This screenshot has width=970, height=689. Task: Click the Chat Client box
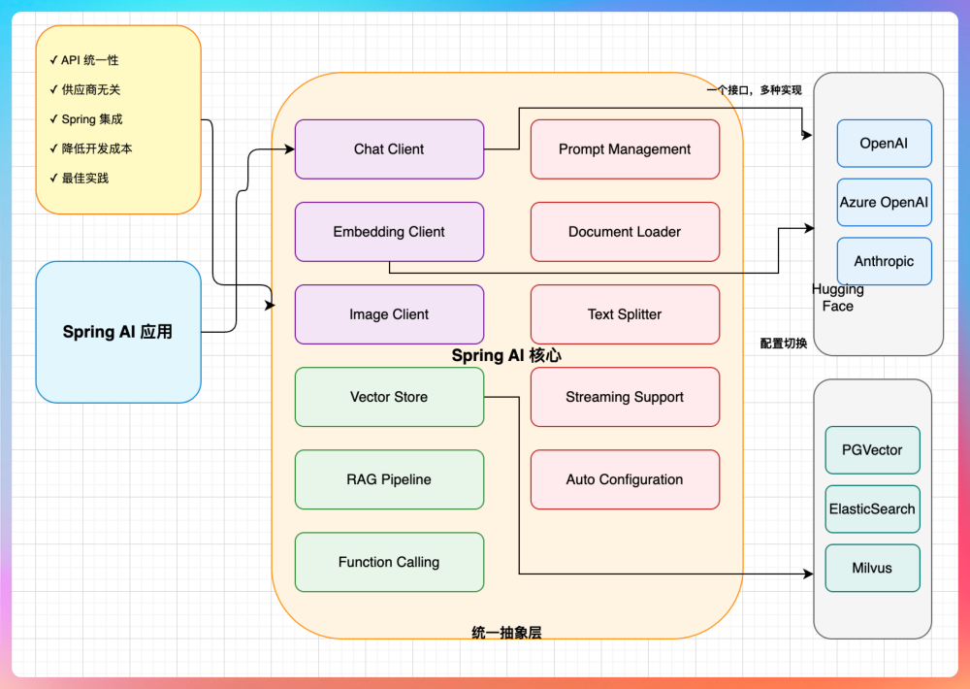(389, 149)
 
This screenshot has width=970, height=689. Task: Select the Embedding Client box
(389, 232)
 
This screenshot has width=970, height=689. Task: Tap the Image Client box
(389, 314)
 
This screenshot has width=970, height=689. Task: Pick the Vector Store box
(389, 397)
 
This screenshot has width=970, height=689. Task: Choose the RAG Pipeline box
(389, 479)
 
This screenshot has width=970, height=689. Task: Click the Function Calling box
(389, 562)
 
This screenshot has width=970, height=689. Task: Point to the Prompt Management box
(625, 149)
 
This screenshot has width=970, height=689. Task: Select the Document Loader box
(625, 232)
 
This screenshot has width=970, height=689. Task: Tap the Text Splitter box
(625, 314)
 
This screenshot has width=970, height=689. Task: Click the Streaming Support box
(625, 397)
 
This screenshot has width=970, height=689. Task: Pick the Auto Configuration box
(625, 479)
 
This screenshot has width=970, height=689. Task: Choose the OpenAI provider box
(884, 144)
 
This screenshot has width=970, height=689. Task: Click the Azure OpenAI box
(884, 203)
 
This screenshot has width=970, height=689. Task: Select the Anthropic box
(884, 262)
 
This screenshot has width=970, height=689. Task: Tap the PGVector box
(872, 450)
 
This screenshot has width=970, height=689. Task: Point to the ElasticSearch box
(872, 509)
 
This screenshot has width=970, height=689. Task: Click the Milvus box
(872, 569)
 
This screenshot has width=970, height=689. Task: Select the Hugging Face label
(838, 298)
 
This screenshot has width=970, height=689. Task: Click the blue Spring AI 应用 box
(117, 332)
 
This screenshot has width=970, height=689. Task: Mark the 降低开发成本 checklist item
(97, 148)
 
